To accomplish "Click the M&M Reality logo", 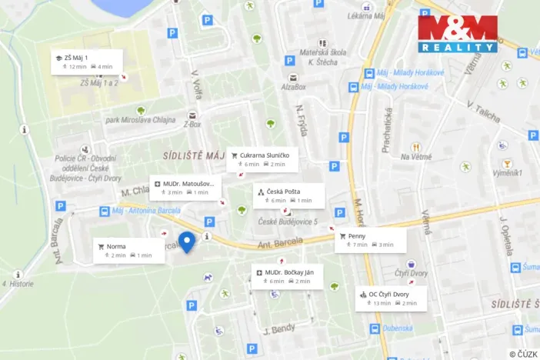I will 457,34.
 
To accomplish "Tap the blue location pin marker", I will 186,242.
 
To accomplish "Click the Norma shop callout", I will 128,251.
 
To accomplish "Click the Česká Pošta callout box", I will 288,195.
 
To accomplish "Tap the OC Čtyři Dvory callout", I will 390,298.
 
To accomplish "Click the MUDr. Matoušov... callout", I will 185,188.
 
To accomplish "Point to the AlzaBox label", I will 293,87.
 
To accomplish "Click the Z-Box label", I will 192,124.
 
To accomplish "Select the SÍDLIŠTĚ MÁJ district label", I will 194,155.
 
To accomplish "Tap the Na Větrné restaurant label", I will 415,157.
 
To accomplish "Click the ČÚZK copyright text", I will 523,354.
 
